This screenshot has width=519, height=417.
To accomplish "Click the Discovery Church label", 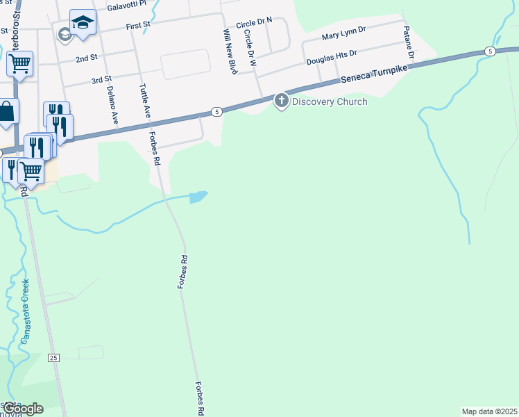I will (330, 101).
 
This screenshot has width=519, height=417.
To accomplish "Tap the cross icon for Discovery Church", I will (282, 101).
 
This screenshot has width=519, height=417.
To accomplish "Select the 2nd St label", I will (86, 58).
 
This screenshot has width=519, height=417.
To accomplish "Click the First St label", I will (138, 26).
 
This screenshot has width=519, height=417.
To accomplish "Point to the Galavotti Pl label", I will (128, 4).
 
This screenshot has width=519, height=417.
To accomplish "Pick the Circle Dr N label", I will (255, 24).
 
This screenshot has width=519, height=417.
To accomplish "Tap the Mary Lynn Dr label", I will (344, 36).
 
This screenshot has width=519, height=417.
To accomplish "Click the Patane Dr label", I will (410, 43).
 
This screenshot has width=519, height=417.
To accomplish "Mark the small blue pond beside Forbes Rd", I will (198, 197).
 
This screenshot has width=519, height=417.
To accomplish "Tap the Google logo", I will (23, 409).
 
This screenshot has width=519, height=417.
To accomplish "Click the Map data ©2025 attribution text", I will (489, 411).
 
